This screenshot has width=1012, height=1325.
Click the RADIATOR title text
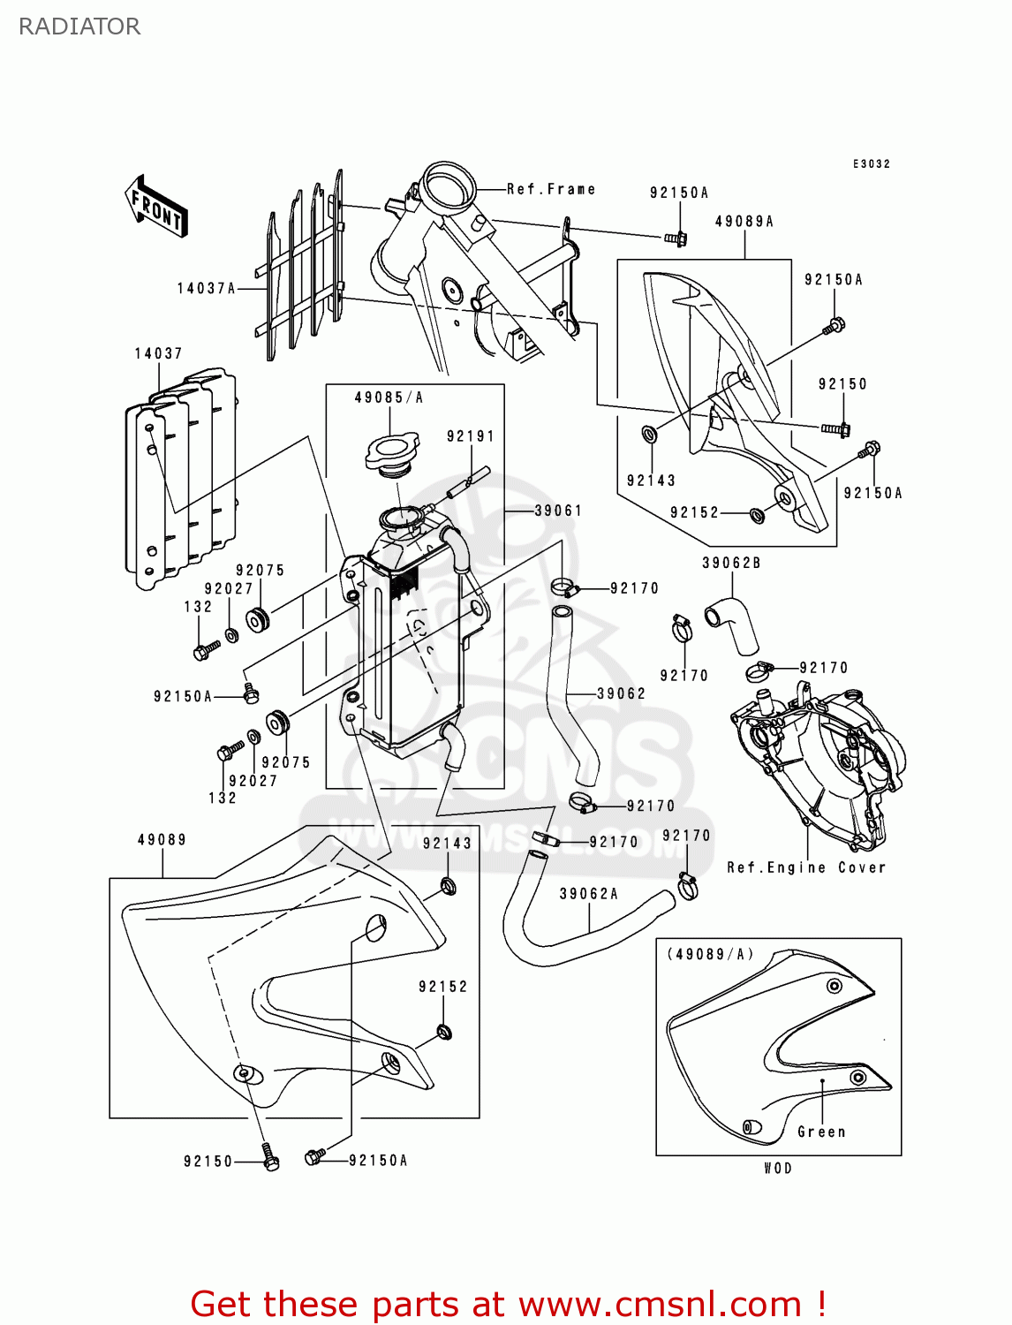[79, 26]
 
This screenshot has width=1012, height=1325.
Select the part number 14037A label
[206, 288]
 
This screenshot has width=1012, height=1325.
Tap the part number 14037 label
[158, 353]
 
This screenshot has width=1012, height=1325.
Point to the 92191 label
[470, 436]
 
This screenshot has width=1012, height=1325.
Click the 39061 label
[558, 511]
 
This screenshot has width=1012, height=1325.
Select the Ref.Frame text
[551, 189]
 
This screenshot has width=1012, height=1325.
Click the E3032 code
[871, 164]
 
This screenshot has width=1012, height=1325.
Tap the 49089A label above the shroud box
[744, 222]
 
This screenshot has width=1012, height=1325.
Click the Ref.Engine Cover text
[805, 867]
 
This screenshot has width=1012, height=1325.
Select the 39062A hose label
[588, 894]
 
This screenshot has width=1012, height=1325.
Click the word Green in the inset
[821, 1132]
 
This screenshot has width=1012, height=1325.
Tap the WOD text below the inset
[778, 1168]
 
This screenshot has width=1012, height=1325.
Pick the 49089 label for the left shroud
[162, 840]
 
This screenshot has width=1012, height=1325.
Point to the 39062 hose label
[621, 693]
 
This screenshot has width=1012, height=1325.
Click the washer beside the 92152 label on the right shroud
[757, 514]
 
